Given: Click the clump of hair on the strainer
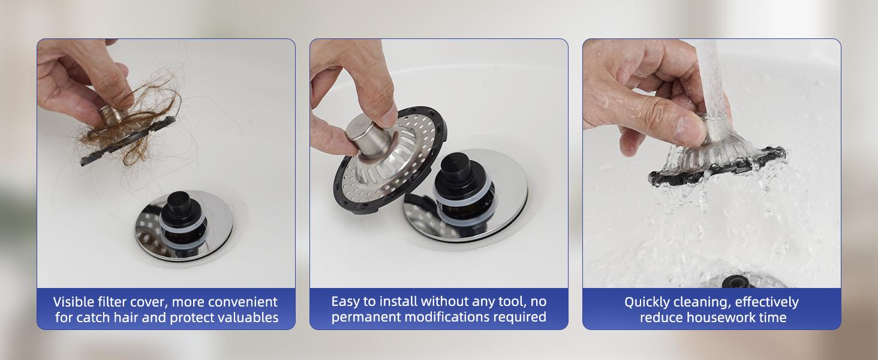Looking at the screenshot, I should point(129,129).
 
